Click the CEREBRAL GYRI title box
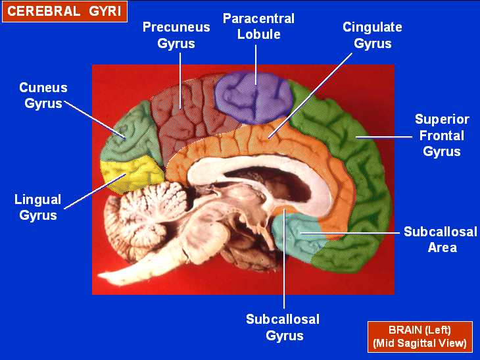tap(64, 11)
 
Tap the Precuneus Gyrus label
tap(176, 36)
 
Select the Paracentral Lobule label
tap(258, 26)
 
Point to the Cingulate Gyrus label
tap(372, 36)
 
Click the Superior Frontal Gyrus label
tap(442, 136)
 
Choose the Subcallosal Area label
tap(441, 240)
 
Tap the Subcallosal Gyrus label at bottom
tap(283, 327)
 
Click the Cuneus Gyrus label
tap(43, 95)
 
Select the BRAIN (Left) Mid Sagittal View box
tap(420, 336)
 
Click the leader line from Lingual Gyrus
tap(95, 191)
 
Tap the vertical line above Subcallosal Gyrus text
tap(284, 263)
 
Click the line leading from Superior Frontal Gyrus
tap(381, 137)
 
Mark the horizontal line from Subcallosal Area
tap(348, 232)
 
